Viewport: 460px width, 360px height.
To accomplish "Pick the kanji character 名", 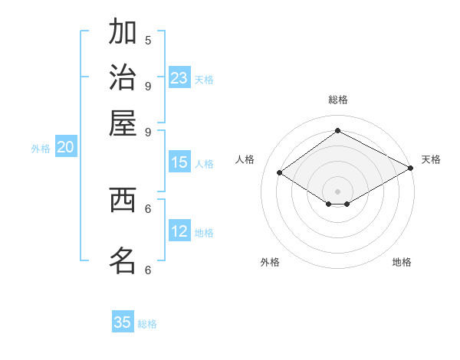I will pyautogui.click(x=123, y=260).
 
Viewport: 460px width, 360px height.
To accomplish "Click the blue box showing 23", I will pyautogui.click(x=179, y=78).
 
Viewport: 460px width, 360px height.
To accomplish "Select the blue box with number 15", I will pyautogui.click(x=179, y=162).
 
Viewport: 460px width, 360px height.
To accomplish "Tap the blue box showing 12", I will pyautogui.click(x=179, y=231).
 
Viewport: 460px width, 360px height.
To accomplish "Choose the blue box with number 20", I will pyautogui.click(x=64, y=148).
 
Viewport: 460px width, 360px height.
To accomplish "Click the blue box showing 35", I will pyautogui.click(x=123, y=322).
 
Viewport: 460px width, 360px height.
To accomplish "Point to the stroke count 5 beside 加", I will pyautogui.click(x=148, y=40).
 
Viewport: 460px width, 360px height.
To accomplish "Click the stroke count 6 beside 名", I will pyautogui.click(x=148, y=270).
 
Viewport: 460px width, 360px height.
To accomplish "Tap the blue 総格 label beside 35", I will pyautogui.click(x=147, y=324).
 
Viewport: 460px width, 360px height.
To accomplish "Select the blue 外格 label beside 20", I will pyautogui.click(x=41, y=149).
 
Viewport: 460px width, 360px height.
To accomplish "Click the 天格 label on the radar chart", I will pyautogui.click(x=431, y=159).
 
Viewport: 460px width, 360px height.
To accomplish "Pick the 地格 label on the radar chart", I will pyautogui.click(x=402, y=262).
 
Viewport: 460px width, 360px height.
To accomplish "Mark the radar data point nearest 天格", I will pyautogui.click(x=411, y=169).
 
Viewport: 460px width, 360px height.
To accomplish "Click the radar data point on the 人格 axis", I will pyautogui.click(x=280, y=173).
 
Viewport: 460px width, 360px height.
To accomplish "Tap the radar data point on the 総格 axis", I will pyautogui.click(x=337, y=131).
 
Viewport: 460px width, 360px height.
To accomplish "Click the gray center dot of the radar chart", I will pyautogui.click(x=337, y=191).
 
